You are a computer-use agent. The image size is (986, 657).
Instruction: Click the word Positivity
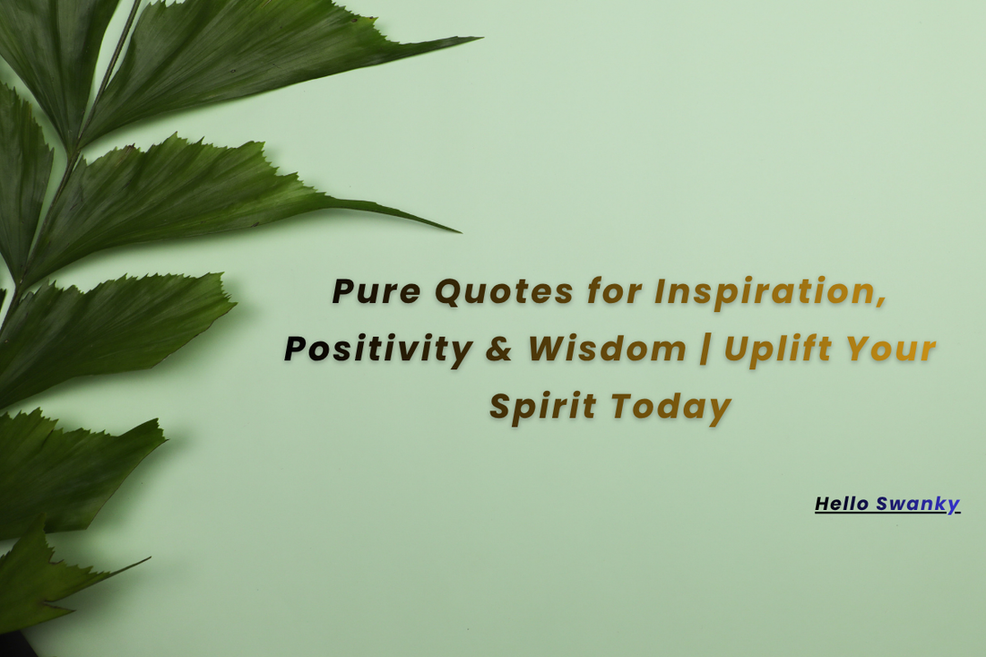[377, 350]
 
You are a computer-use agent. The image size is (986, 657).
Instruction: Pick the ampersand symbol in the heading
[499, 350]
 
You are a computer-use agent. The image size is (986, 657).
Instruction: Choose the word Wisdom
[607, 350]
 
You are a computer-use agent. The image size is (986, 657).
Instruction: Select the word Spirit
[542, 408]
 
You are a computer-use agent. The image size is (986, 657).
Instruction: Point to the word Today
[671, 408]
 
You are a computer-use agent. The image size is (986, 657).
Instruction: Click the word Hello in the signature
[842, 504]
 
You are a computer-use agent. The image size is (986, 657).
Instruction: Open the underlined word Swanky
[918, 505]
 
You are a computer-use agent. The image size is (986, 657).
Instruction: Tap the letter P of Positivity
[297, 350]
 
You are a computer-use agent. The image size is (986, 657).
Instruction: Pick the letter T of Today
[621, 406]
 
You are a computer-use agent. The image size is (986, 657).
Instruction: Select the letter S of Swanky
[882, 504]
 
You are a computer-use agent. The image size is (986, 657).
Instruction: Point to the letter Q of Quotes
[450, 292]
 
